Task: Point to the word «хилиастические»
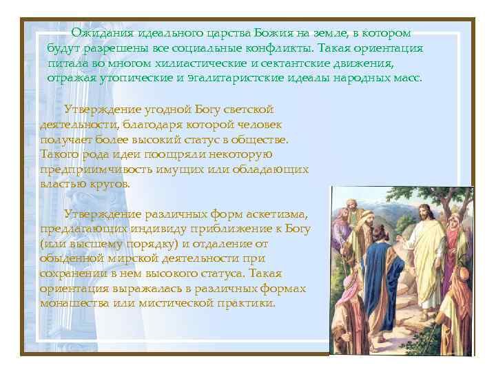(218, 64)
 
